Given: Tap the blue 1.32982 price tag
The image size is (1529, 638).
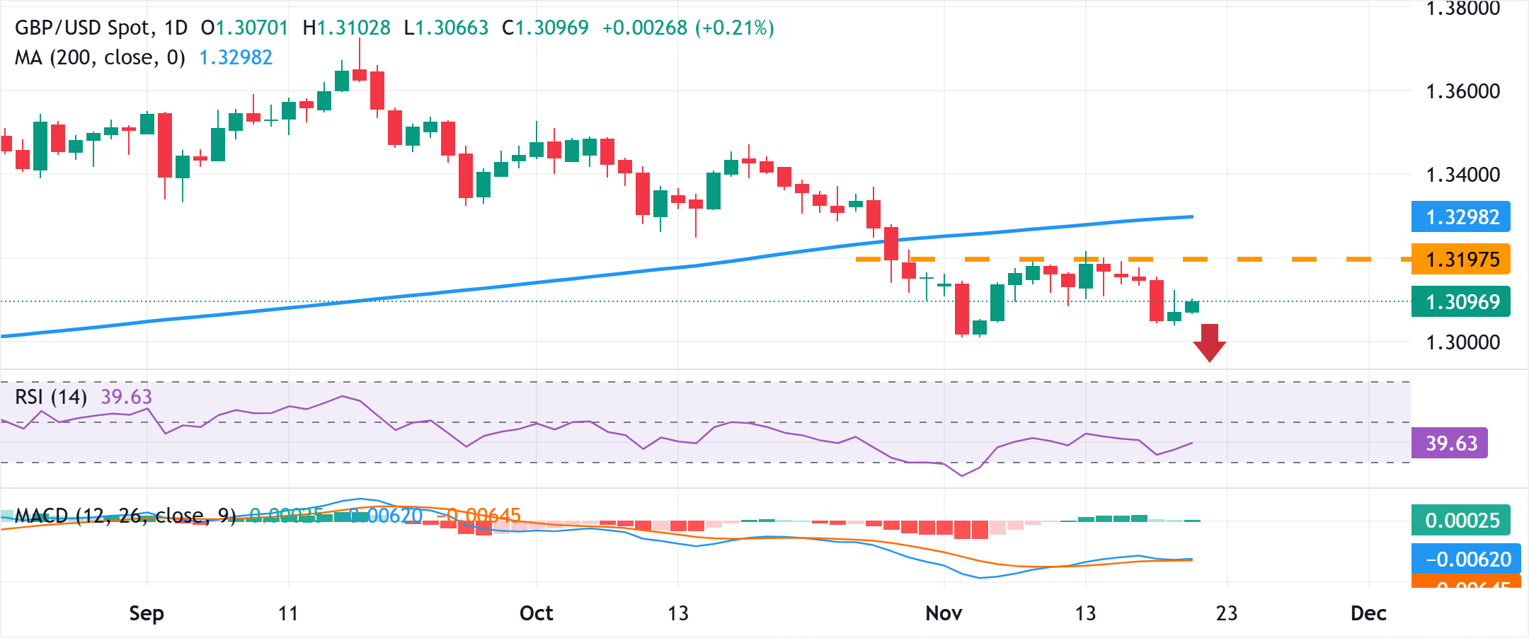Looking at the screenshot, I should click(1460, 217).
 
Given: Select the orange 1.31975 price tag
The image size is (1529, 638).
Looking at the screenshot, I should click(1460, 260).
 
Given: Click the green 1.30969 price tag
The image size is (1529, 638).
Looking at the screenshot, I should click(1460, 302).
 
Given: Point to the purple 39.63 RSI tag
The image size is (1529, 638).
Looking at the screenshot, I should click(1449, 443).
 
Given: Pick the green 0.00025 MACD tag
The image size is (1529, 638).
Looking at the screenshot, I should click(1460, 521).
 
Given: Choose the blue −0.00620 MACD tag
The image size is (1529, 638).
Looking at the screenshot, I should click(1460, 559).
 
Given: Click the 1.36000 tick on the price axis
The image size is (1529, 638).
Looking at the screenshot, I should click(1462, 91).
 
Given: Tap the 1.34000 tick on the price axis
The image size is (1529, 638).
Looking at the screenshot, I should click(1462, 175).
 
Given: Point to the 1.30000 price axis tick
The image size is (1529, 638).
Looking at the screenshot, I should click(1462, 342).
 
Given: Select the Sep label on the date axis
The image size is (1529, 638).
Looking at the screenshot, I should click(147, 613).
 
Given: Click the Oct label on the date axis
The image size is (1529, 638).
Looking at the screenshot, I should click(536, 613).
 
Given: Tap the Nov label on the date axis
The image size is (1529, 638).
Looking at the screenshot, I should click(944, 613).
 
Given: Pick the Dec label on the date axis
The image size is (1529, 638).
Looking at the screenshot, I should click(1368, 613).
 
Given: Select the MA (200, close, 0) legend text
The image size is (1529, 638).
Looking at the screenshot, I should click(100, 57).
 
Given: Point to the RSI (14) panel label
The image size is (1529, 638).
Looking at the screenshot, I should click(51, 397).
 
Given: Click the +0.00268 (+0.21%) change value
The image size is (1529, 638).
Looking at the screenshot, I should click(688, 28).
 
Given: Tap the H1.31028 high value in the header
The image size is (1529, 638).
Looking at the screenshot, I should click(347, 28).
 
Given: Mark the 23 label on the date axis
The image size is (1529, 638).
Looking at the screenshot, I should click(1227, 613).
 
